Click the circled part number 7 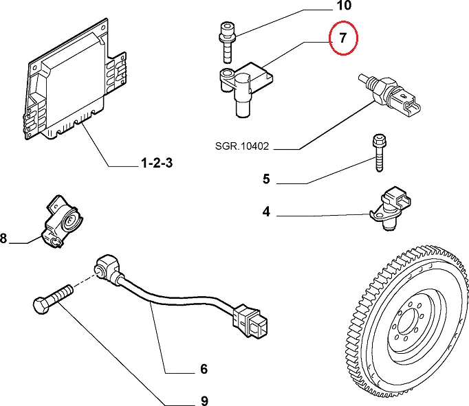tap(343, 38)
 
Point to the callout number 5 tap(267, 180)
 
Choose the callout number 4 tap(267, 212)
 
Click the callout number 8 tap(3, 239)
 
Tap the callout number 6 tap(204, 369)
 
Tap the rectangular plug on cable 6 tap(250, 321)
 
